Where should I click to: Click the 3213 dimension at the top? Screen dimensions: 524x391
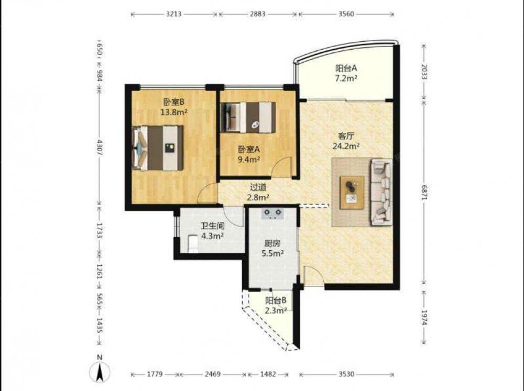click(x=174, y=14)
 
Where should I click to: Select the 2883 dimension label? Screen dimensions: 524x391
click(x=257, y=14)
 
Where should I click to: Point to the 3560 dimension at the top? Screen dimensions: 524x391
click(x=346, y=14)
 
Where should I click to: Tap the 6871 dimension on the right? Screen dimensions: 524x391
click(x=424, y=192)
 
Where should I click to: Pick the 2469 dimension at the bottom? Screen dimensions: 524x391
click(x=213, y=374)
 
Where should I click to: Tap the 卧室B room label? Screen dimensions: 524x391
click(x=174, y=102)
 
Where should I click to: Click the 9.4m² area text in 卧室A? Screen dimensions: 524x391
click(x=248, y=159)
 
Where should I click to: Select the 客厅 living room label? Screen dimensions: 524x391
click(x=346, y=136)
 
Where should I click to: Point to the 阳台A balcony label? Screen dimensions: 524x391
click(x=346, y=68)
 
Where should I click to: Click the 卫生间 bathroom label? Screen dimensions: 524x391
click(x=213, y=226)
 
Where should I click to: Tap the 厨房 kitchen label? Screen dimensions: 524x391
click(x=272, y=243)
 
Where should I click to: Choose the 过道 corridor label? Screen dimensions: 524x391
click(x=258, y=187)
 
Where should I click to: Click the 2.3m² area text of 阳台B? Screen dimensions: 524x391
click(x=276, y=311)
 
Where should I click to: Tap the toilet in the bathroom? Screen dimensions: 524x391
click(x=193, y=243)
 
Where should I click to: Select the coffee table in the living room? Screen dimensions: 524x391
click(x=352, y=193)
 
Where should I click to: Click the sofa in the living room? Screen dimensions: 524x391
click(x=381, y=192)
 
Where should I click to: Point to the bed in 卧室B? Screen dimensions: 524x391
click(x=158, y=148)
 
